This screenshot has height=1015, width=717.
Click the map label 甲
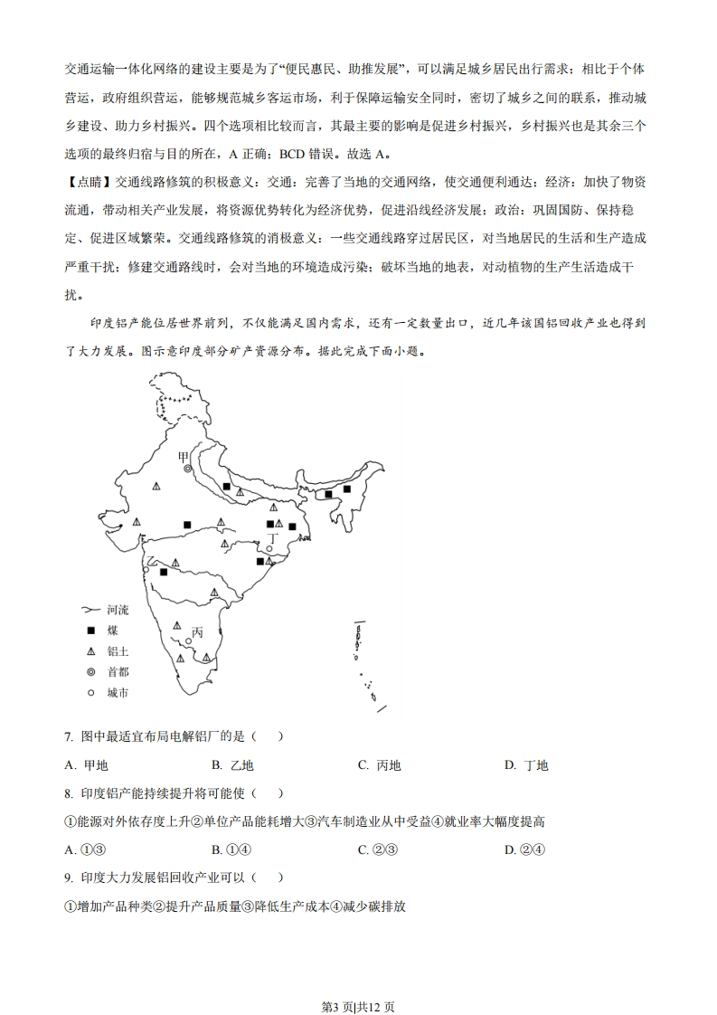[184, 457]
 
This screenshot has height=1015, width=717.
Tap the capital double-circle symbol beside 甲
[188, 470]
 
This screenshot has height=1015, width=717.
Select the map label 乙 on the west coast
[152, 563]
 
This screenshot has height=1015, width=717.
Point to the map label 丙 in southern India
[197, 632]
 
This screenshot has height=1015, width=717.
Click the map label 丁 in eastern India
[271, 536]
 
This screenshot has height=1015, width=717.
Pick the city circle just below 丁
[269, 549]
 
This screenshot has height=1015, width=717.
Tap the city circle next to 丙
[188, 641]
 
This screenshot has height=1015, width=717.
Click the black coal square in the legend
[90, 631]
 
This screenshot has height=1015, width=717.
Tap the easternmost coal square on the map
[346, 489]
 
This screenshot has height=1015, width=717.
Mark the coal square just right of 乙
[164, 572]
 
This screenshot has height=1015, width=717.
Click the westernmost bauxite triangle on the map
[137, 522]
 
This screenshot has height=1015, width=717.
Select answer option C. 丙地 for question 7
[379, 765]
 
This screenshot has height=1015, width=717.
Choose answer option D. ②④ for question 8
[525, 849]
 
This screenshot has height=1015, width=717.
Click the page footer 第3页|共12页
[358, 981]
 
